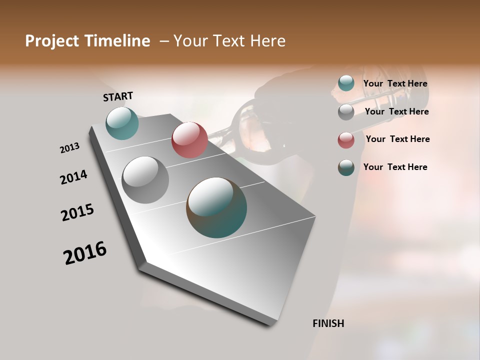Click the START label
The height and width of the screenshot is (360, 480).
tap(118, 96)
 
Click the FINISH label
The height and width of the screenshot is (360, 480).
tap(328, 323)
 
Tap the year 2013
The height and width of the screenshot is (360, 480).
tap(69, 148)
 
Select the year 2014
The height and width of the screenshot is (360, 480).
tap(73, 177)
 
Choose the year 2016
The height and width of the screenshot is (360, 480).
tap(85, 253)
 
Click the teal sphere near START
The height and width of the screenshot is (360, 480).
tap(122, 123)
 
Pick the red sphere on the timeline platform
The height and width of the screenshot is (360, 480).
tap(189, 140)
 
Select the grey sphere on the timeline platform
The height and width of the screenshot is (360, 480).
tap(145, 180)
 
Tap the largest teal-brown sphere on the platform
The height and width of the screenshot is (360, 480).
tap(216, 207)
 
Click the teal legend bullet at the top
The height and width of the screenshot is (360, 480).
tap(346, 83)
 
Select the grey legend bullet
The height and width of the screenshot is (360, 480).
tap(346, 112)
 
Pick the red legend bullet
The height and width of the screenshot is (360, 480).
tap(346, 139)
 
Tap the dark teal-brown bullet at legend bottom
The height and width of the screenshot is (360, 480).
tap(346, 167)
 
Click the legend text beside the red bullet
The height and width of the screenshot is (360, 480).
tap(397, 139)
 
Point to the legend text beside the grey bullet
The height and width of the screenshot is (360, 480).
tap(396, 111)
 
